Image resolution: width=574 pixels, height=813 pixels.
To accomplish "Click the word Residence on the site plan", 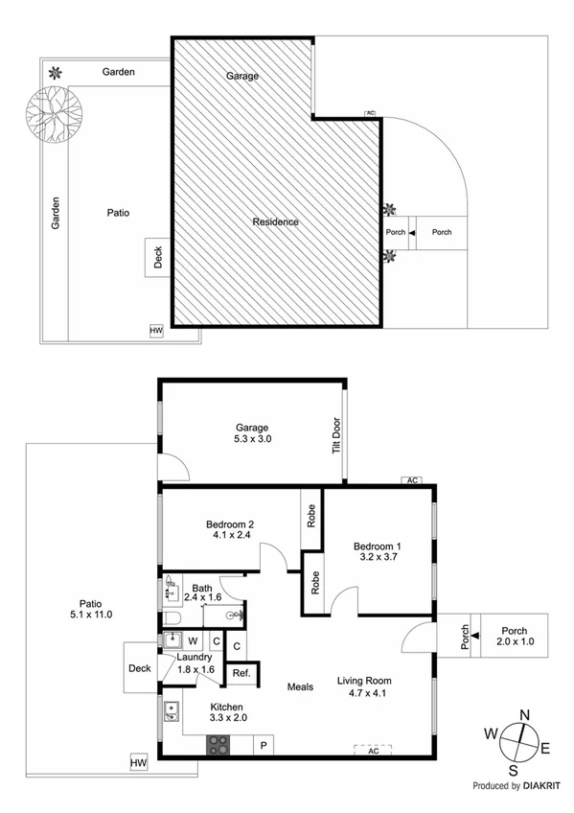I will pyautogui.click(x=275, y=222).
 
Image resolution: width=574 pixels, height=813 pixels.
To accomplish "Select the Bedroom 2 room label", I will pyautogui.click(x=230, y=524).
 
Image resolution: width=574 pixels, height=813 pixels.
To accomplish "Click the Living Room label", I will pyautogui.click(x=364, y=681).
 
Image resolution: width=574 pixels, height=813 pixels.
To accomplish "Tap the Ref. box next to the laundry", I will pyautogui.click(x=241, y=674).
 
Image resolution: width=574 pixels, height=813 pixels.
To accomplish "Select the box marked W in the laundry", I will pyautogui.click(x=192, y=641).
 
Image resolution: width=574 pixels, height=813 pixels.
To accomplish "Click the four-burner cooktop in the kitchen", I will pyautogui.click(x=219, y=744).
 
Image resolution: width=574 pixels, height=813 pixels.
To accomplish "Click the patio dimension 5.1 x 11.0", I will pyautogui.click(x=91, y=615).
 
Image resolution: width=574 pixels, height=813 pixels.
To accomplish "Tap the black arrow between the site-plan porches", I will pyautogui.click(x=412, y=233).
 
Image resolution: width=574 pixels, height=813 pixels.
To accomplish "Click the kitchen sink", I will pyautogui.click(x=172, y=710).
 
